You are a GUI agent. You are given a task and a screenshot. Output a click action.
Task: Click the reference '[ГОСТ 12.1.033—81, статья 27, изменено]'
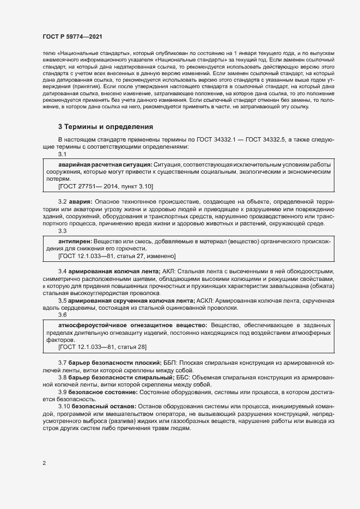117,255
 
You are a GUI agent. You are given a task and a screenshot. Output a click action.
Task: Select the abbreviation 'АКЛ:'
170,271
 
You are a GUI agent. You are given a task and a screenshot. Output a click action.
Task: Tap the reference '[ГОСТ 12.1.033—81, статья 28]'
102,346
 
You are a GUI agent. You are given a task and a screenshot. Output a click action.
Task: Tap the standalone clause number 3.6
63,315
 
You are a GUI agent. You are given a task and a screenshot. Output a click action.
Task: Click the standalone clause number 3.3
63,231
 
